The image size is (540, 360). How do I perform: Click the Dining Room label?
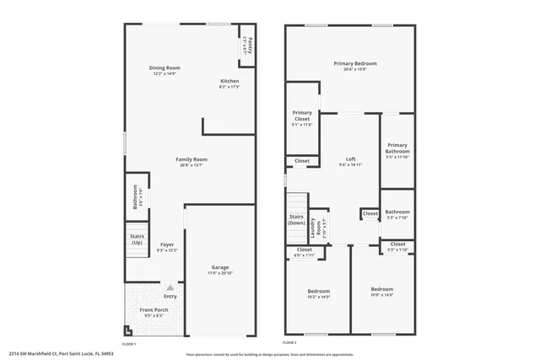(x=165, y=67)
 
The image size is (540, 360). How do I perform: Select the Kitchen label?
(x=230, y=81)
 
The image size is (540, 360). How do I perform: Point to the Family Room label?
(x=192, y=159)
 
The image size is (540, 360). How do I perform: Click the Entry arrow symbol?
(x=170, y=287)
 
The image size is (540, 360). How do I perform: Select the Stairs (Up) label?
(x=137, y=239)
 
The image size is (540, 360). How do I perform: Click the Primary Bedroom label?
(x=354, y=63)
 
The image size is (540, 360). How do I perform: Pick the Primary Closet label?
(x=302, y=116)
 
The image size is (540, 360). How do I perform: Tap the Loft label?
(x=351, y=159)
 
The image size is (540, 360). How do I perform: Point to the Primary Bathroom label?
(x=397, y=148)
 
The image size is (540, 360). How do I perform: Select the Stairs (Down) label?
(x=296, y=220)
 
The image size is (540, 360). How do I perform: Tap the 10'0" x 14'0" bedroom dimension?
(x=382, y=294)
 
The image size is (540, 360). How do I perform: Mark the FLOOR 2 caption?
(x=289, y=344)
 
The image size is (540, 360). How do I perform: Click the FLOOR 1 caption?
(x=129, y=344)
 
